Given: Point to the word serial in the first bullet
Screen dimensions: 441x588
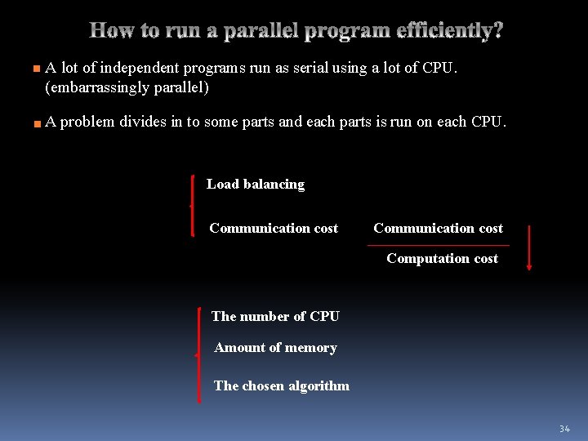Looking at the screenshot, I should pyautogui.click(x=308, y=68).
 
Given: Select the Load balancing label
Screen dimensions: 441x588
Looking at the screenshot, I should pyautogui.click(x=256, y=185).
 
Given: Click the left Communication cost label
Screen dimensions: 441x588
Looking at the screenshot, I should pyautogui.click(x=274, y=229).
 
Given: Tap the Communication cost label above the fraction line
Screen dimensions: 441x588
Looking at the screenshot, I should pyautogui.click(x=438, y=229).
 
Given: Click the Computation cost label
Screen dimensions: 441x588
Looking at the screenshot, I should pyautogui.click(x=442, y=259).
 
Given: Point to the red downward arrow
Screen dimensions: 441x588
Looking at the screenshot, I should pyautogui.click(x=529, y=247).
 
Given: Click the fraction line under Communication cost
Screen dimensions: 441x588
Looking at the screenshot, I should pyautogui.click(x=438, y=245).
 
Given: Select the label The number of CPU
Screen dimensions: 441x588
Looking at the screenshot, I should pyautogui.click(x=275, y=317).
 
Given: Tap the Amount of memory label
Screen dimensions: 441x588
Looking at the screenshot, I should pyautogui.click(x=275, y=348).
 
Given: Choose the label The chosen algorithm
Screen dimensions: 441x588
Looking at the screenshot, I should pyautogui.click(x=281, y=386).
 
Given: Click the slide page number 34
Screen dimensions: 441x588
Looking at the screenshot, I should pyautogui.click(x=564, y=429).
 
